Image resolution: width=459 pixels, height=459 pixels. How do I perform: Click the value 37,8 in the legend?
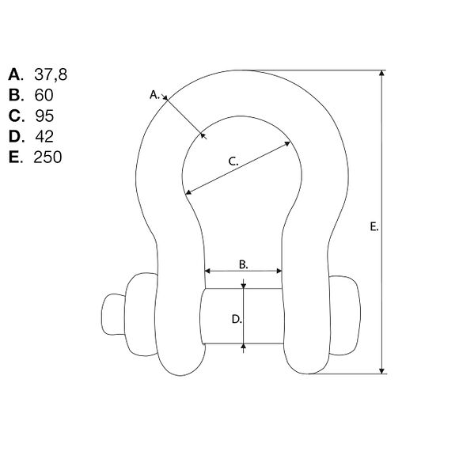point(51,74)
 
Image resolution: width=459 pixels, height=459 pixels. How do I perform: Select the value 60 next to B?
point(44,95)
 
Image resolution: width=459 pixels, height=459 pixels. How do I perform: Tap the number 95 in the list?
point(44,116)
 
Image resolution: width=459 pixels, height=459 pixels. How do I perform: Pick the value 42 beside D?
point(44,136)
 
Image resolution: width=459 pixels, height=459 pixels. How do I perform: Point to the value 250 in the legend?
point(47,157)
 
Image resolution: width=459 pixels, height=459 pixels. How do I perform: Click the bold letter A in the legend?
point(14,74)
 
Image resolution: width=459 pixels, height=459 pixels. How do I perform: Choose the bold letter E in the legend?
point(14,157)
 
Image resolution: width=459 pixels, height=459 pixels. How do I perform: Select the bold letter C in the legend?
point(14,116)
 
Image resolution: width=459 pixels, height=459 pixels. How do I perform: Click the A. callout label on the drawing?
point(154,95)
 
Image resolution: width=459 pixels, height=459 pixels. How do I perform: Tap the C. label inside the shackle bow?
point(233,161)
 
